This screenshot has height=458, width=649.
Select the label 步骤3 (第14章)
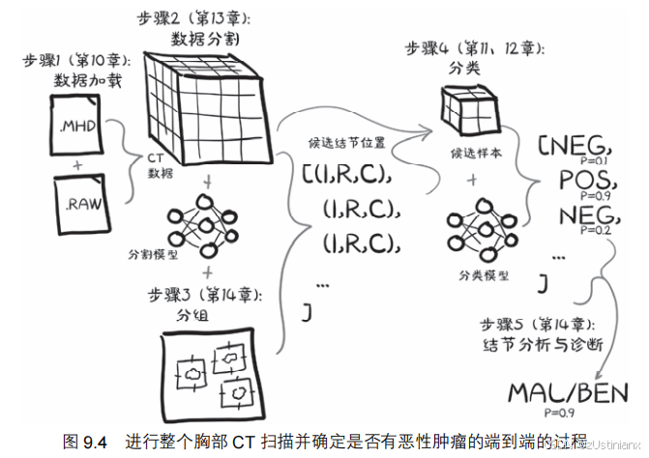194,294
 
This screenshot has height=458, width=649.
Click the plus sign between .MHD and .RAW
76,167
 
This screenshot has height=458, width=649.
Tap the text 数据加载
74,81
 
